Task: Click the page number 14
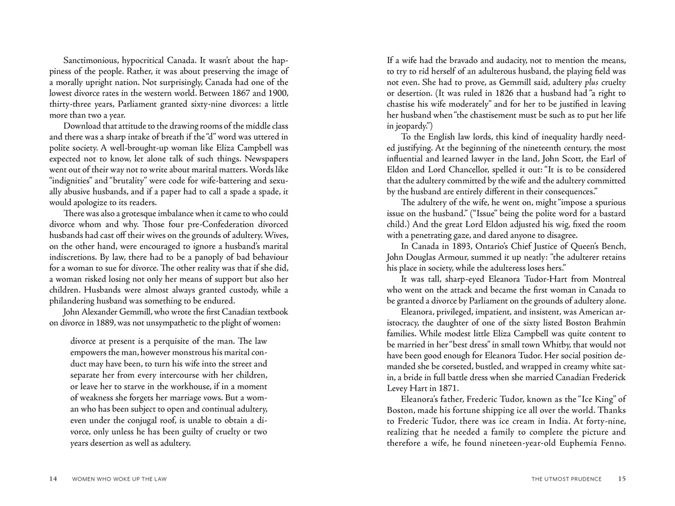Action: click(53, 479)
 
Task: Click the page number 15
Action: click(622, 479)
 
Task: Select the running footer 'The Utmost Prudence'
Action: click(566, 479)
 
